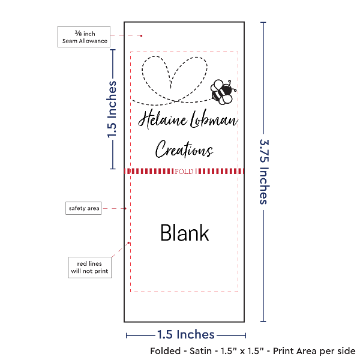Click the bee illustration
tap(223, 92)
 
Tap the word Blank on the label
tap(185, 233)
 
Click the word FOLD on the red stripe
tap(184, 172)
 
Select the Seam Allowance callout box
tap(84, 37)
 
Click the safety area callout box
tap(83, 208)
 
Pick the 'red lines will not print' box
tap(90, 268)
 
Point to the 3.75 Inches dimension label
tap(264, 172)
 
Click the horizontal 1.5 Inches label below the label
tap(186, 335)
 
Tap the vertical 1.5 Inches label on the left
tap(112, 110)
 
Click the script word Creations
tap(184, 149)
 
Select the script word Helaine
tap(163, 119)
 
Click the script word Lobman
tap(214, 119)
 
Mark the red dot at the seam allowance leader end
tap(141, 36)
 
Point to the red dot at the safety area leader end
tap(125, 208)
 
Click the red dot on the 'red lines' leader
tap(128, 243)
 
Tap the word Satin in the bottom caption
tap(200, 351)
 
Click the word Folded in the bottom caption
tap(166, 351)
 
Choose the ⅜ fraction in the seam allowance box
tap(78, 33)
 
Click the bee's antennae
tap(232, 85)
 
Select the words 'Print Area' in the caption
tap(296, 351)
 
